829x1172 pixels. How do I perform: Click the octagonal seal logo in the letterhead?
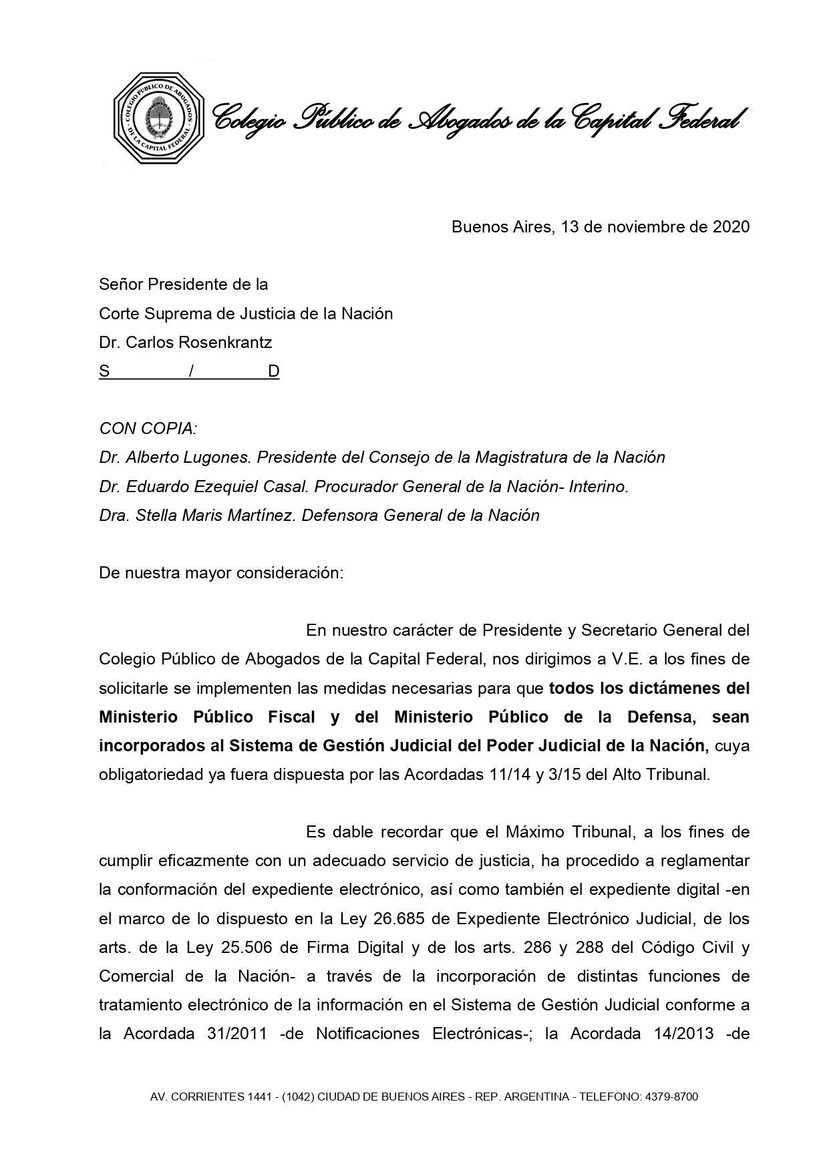[158, 118]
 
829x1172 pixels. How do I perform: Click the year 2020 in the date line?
[731, 227]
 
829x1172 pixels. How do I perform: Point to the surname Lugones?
[221, 457]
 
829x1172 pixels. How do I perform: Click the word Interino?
[599, 487]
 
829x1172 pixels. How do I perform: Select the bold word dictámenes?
[677, 688]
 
